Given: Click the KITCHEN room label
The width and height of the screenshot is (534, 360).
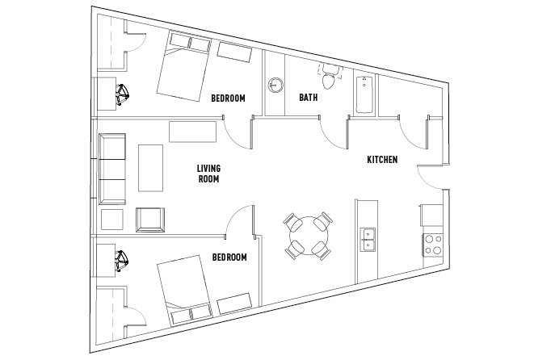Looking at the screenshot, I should (x=381, y=160).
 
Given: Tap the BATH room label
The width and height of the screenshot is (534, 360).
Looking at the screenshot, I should (x=308, y=98).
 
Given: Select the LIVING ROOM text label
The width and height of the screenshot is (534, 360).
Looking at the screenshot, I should (x=209, y=174).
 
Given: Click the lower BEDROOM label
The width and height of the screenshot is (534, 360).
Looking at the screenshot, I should (x=229, y=257).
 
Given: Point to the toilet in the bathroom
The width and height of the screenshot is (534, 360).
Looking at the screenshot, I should (x=329, y=79).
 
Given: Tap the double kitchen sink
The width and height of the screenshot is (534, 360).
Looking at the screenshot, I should (x=368, y=240).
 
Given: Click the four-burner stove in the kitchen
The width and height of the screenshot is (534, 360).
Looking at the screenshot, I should (x=431, y=243).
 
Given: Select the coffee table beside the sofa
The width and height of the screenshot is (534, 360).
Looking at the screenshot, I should (x=151, y=168).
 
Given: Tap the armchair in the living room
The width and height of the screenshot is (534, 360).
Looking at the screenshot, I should (x=150, y=220).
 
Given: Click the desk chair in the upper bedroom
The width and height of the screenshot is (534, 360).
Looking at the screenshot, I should (x=123, y=95).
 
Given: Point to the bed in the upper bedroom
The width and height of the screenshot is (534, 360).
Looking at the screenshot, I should (x=183, y=71).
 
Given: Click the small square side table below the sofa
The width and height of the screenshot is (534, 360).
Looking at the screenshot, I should (x=111, y=220).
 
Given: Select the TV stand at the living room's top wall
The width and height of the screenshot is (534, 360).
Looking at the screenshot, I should (x=192, y=131).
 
